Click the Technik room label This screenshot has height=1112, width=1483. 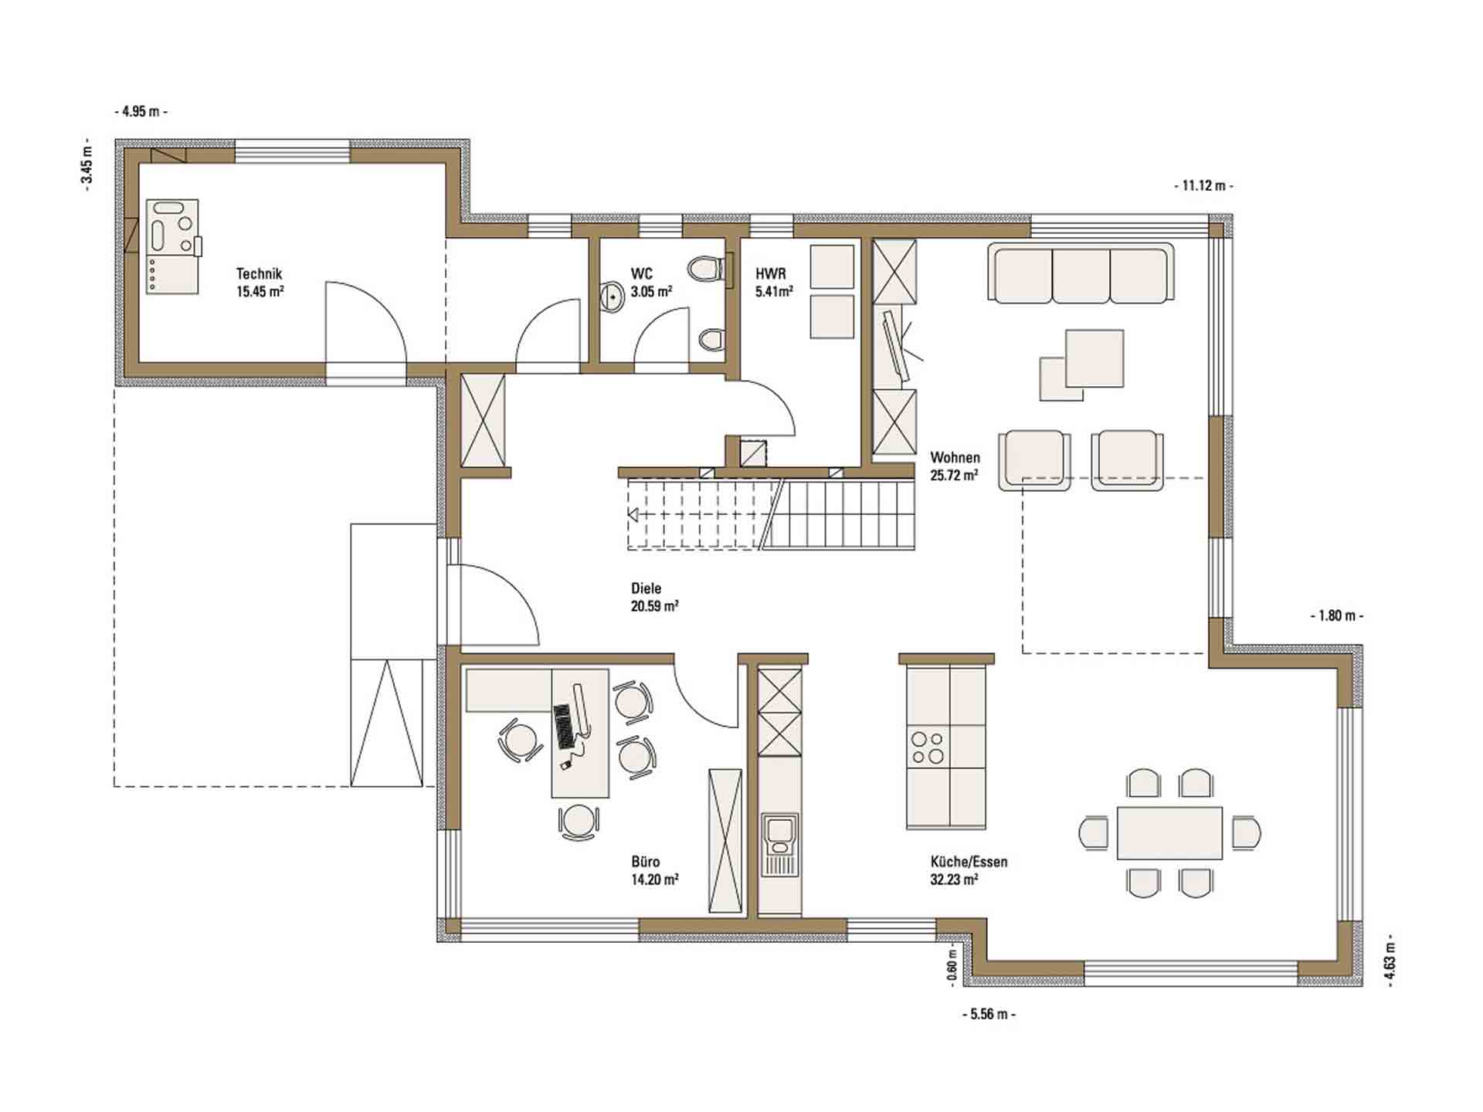(260, 273)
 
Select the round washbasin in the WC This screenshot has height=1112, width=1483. (613, 296)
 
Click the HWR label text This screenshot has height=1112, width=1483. (771, 273)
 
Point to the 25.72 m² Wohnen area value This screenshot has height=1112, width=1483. (955, 476)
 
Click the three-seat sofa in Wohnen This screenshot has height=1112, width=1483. (1081, 273)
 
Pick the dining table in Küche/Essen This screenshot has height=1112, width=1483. (1169, 832)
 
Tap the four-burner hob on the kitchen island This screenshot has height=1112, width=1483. (928, 747)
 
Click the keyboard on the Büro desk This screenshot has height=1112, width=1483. (565, 726)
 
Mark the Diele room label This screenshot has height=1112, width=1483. (646, 588)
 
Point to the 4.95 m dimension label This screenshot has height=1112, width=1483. (141, 111)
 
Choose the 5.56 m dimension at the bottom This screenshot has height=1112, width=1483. (989, 1014)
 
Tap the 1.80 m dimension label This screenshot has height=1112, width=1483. (1336, 616)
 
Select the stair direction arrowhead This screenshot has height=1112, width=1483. (632, 514)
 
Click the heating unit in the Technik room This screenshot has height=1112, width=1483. (172, 246)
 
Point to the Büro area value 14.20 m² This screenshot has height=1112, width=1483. (655, 880)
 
